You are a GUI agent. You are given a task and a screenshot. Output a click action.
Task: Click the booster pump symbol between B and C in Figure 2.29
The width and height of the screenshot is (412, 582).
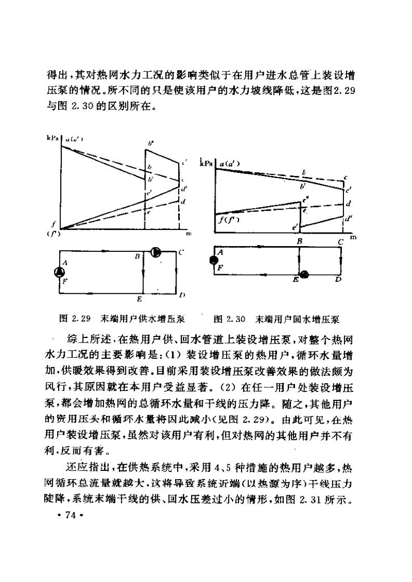click(x=155, y=253)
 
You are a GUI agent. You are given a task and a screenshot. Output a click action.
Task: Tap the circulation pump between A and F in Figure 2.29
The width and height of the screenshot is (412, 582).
click(x=60, y=272)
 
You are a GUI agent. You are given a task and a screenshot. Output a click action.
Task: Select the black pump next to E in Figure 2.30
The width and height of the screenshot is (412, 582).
click(x=304, y=274)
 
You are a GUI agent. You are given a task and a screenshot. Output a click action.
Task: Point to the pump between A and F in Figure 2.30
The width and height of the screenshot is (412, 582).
click(x=213, y=260)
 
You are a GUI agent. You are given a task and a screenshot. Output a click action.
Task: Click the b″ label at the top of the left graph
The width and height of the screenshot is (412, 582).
click(x=151, y=142)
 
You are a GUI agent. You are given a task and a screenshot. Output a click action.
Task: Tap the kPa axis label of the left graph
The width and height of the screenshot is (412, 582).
click(x=52, y=139)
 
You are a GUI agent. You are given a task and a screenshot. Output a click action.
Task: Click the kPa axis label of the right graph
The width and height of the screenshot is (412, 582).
click(x=207, y=164)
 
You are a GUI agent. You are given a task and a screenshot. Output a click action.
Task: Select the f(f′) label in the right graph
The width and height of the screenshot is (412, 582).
click(x=228, y=220)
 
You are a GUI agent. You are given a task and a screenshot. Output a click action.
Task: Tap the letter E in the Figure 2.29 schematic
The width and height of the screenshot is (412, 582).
click(x=139, y=300)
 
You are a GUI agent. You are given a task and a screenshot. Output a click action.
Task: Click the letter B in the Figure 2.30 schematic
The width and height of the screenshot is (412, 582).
click(x=299, y=241)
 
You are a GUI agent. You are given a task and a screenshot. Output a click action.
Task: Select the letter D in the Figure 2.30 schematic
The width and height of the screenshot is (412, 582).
click(x=338, y=280)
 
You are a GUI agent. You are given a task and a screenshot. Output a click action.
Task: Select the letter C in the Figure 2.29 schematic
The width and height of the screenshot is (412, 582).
click(x=181, y=252)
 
